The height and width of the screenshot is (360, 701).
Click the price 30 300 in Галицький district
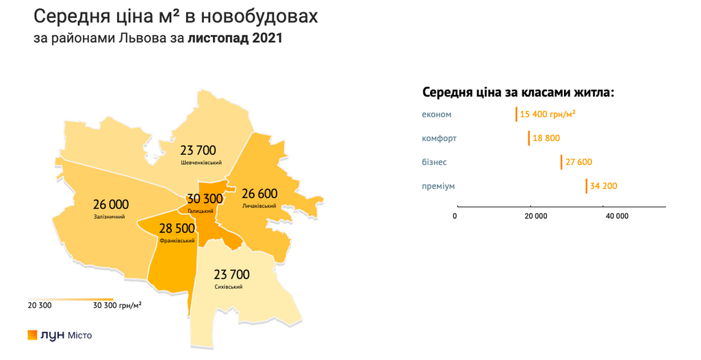pos(205,199)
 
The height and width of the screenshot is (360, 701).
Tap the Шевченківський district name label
pos(201,163)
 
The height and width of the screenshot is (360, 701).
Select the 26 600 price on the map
pos(259,194)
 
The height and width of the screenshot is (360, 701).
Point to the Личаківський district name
pos(259,206)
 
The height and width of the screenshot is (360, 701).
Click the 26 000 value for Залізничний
pos(111,205)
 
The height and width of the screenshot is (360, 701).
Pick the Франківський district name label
pos(177,241)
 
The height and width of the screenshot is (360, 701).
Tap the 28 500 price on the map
pos(177,229)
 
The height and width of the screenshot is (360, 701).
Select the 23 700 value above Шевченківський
pos(198,150)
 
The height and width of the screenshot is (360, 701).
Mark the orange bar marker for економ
pos(517,114)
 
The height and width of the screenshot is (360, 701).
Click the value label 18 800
pos(546,138)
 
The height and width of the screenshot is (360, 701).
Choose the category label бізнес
pos(435,162)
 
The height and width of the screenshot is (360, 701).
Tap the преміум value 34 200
pos(603,186)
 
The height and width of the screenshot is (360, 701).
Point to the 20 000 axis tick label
pos(536,216)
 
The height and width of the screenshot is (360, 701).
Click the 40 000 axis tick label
pos(617,216)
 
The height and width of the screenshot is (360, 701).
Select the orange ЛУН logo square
pos(32,335)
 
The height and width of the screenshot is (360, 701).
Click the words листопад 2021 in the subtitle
pos(235,38)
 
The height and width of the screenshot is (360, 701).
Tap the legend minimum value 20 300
pos(40,305)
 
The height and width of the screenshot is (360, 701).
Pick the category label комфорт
pos(439,138)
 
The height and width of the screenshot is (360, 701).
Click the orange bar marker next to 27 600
pos(561,162)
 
